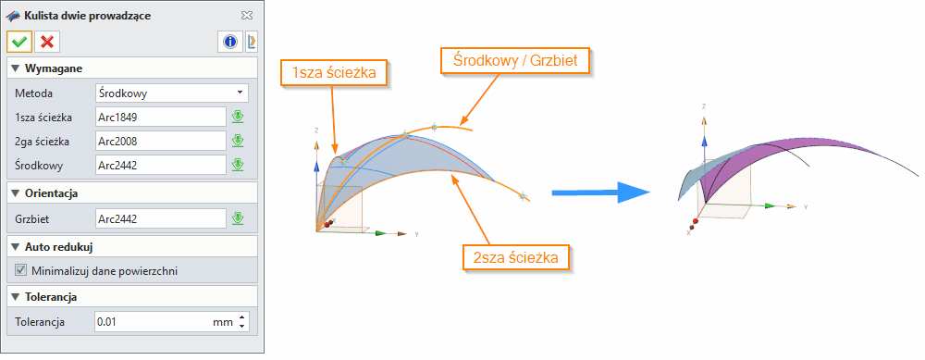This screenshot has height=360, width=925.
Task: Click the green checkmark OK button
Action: pos(18,42)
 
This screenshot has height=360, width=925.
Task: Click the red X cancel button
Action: pos(46,42)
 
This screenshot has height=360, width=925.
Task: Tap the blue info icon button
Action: pos(229,42)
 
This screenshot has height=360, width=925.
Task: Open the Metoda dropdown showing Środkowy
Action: pos(172,93)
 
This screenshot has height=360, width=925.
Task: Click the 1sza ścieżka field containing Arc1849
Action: pos(161,117)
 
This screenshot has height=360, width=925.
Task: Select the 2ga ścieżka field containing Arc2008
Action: pos(161,141)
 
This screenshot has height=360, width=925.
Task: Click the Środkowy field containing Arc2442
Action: pos(161,165)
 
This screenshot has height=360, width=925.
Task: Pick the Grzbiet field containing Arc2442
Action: pos(161,218)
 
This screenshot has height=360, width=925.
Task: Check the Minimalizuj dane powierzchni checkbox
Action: pos(21,271)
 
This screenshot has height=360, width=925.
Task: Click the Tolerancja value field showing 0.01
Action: pos(152,322)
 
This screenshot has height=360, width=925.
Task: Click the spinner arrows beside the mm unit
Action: pos(242,322)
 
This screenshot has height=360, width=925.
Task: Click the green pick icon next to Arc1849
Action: pos(238,117)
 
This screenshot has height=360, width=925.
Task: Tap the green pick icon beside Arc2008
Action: pos(238,141)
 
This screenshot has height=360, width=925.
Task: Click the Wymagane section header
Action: pos(52,68)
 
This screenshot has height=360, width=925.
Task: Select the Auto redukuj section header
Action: pos(57,248)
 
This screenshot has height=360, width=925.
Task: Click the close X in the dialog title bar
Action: pos(246,16)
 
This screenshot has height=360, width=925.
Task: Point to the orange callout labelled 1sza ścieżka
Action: pos(334,72)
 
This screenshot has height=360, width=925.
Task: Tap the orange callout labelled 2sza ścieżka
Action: pos(515,258)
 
